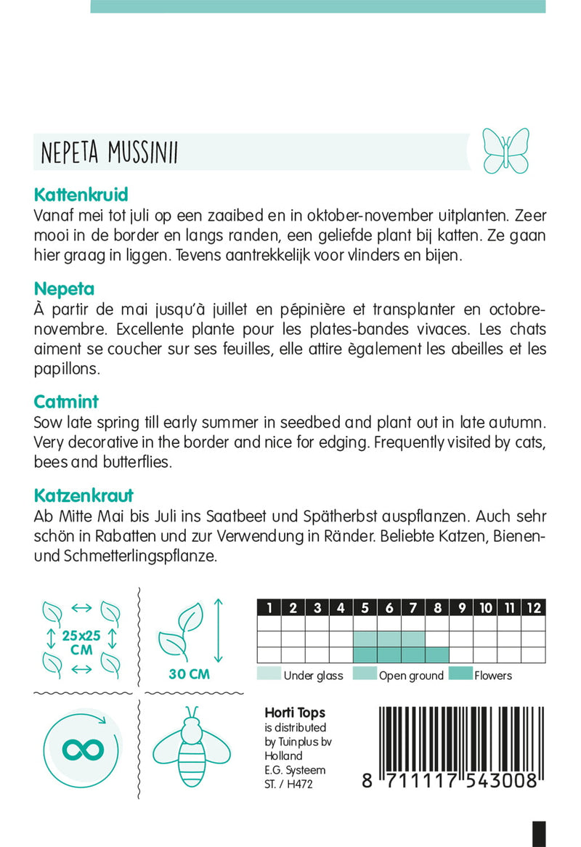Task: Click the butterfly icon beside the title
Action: coord(506,151)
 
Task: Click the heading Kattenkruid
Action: coord(81,195)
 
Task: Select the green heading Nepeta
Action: coord(64,290)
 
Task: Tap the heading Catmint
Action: coord(65,402)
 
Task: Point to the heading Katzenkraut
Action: coord(84,496)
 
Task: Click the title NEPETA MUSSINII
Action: coord(110,153)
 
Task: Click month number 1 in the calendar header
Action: coord(269,608)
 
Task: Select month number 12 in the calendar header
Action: coord(533,608)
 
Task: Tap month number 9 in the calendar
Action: coord(461,608)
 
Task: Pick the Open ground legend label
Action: coord(410,676)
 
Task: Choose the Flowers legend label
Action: coord(492,676)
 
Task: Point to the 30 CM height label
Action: coord(189,674)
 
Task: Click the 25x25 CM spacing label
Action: coord(82,643)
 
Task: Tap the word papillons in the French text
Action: coord(65,368)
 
